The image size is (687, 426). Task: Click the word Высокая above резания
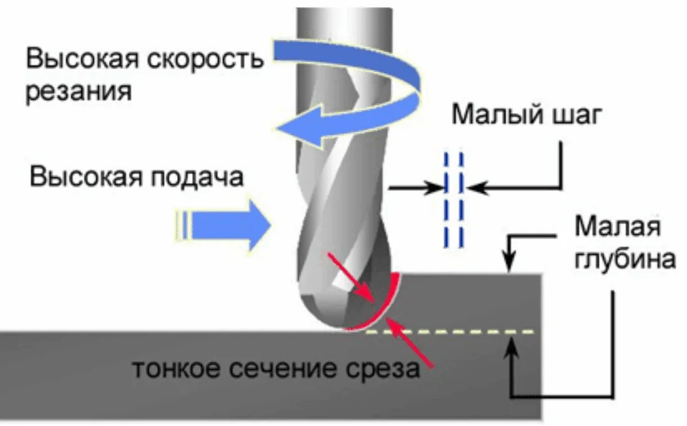82,58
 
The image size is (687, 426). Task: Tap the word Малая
617,227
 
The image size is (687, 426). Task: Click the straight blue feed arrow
223,225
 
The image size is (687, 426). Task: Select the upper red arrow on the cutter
351,278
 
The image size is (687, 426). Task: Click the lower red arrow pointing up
409,342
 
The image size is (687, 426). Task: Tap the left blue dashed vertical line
446,199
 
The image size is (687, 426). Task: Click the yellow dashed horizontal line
450,332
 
